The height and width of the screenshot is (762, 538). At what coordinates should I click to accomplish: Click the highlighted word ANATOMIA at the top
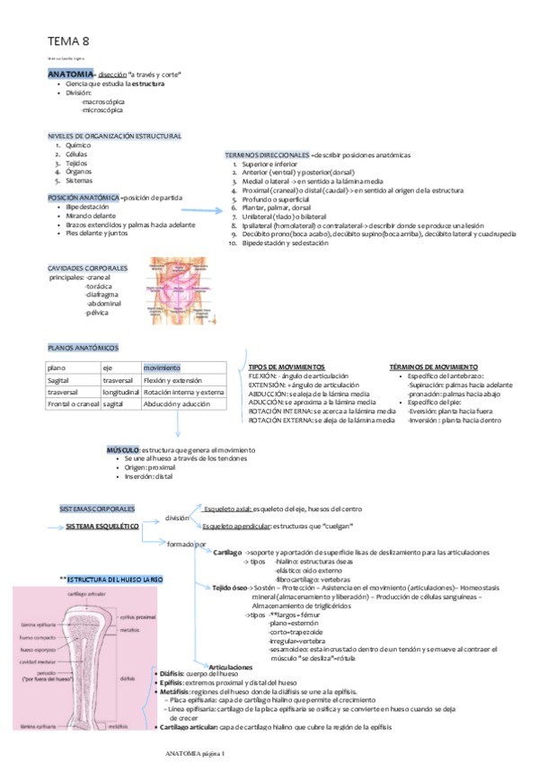tap(70, 73)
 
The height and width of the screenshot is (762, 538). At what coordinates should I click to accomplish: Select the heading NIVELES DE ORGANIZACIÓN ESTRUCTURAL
tap(114, 136)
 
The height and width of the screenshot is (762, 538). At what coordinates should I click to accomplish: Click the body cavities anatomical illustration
tap(185, 291)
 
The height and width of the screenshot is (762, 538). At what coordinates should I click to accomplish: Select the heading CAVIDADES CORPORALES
tap(87, 269)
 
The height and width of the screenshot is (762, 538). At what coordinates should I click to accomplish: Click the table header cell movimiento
tap(162, 368)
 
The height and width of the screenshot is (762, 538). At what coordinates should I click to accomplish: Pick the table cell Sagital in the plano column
tap(59, 380)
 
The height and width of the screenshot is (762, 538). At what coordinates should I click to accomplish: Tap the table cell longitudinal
tap(119, 393)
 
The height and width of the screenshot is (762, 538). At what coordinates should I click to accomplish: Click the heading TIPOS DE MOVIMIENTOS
tap(287, 368)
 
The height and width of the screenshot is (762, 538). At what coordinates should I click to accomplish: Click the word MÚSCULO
tap(122, 449)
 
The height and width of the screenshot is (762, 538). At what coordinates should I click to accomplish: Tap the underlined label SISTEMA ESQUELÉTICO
tap(101, 527)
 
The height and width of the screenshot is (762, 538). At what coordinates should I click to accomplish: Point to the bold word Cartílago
tap(227, 551)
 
